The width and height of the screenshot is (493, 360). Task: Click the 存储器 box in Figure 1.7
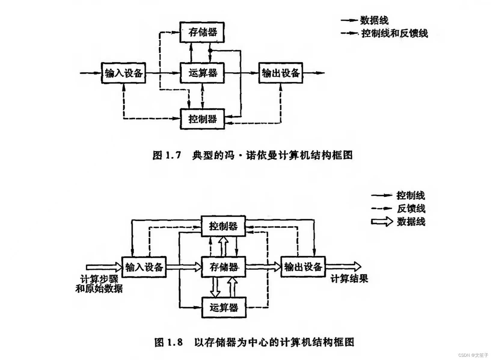coord(202,32)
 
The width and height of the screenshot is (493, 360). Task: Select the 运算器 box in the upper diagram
coord(202,73)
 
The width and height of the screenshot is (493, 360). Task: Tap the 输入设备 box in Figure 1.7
coord(124,73)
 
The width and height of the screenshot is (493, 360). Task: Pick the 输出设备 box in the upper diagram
coord(281,73)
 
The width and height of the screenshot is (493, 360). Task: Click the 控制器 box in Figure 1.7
coord(202,119)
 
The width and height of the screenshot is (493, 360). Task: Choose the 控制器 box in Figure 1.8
coord(223,226)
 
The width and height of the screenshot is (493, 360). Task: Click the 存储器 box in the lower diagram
coord(223,267)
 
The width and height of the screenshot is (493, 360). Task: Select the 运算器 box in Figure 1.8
coord(223,307)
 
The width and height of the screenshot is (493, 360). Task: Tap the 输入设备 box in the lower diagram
coord(144,267)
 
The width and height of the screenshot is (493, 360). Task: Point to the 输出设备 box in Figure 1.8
coord(303,267)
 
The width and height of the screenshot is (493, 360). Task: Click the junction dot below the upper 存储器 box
coord(210,50)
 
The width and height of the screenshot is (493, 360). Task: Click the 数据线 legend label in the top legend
coord(374,20)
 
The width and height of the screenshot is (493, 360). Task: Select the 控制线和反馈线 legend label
coord(395,33)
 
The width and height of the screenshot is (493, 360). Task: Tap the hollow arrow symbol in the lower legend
coord(382,222)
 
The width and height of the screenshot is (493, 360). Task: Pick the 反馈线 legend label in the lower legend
coord(411,209)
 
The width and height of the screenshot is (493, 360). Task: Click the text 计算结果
coord(349,279)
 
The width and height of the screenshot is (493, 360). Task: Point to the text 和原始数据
coord(99,289)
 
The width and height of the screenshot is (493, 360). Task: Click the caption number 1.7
coord(173,155)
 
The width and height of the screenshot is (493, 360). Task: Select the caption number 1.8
coord(175,342)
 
